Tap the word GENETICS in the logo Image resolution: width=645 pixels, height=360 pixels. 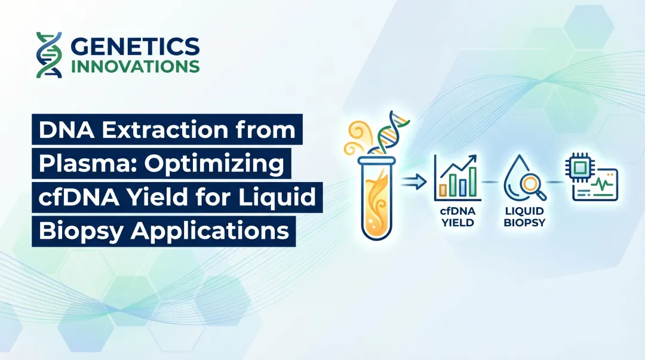[x=135, y=46]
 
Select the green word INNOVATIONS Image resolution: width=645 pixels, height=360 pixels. [x=135, y=66]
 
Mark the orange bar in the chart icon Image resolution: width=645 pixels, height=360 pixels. [x=444, y=189]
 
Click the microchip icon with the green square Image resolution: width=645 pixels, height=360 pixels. [x=576, y=169]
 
